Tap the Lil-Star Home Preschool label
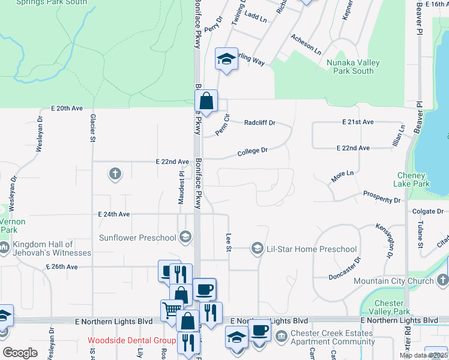pyautogui.click(x=312, y=248)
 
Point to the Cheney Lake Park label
pyautogui.click(x=414, y=179)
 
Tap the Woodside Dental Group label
pyautogui.click(x=131, y=340)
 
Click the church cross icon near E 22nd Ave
pyautogui.click(x=115, y=174)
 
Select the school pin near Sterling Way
pyautogui.click(x=226, y=59)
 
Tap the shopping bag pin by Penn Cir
pyautogui.click(x=206, y=101)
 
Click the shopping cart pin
pyautogui.click(x=171, y=310)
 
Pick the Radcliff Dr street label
pyautogui.click(x=260, y=122)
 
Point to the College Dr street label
pyautogui.click(x=252, y=152)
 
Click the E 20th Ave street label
pyautogui.click(x=67, y=108)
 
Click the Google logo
pyautogui.click(x=20, y=353)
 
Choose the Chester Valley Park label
pyautogui.click(x=392, y=307)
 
